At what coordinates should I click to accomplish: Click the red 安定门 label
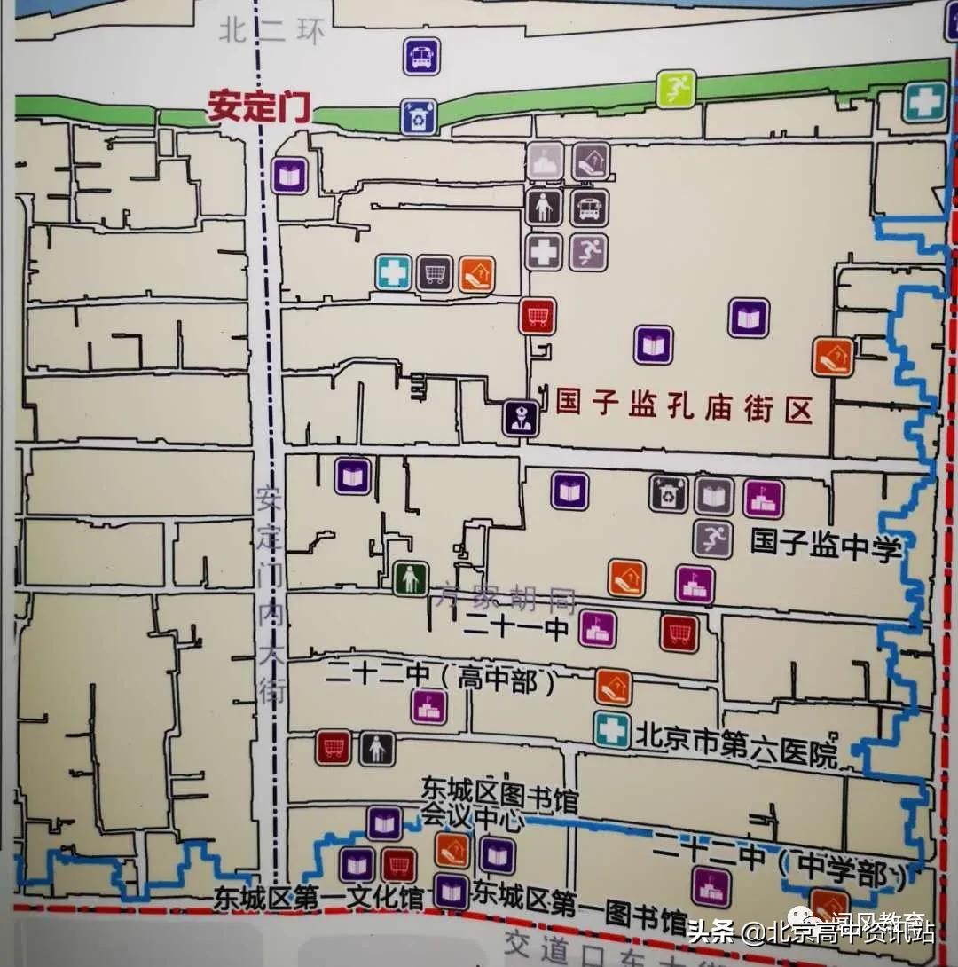(259, 107)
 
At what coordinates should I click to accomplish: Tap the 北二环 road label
(273, 33)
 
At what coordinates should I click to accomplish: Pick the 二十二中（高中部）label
(444, 679)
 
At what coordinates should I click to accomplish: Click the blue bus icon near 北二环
(421, 56)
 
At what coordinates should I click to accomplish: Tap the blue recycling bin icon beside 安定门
(418, 117)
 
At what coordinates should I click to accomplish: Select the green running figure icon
(676, 88)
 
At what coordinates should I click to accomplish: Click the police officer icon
(521, 418)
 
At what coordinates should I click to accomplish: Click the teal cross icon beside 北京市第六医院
(612, 729)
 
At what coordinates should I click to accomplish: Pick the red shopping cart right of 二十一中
(679, 633)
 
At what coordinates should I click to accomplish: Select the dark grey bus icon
(589, 208)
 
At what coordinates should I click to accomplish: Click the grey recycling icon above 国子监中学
(668, 495)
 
